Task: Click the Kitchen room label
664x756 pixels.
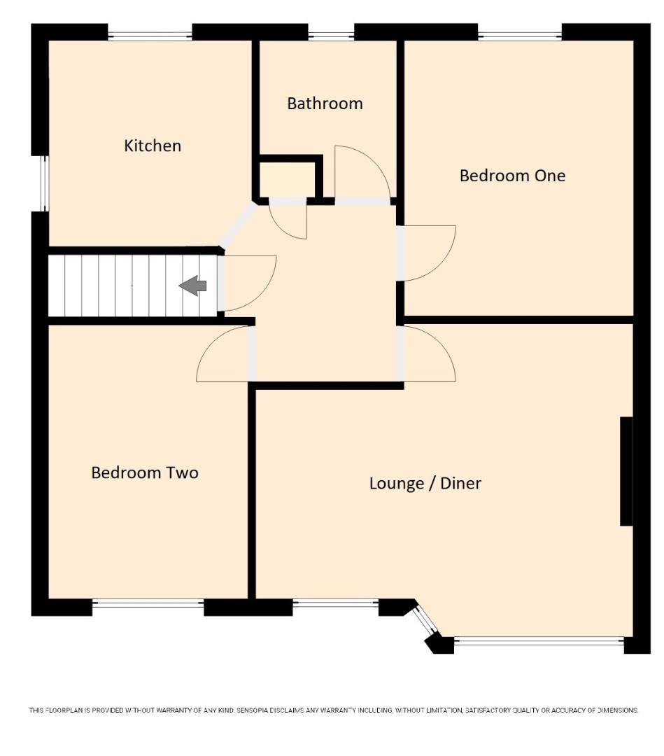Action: (153, 146)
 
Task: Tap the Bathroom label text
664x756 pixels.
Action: (325, 104)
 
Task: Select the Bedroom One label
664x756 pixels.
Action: (512, 176)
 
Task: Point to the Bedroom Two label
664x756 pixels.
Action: (145, 472)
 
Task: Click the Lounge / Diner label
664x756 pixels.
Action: (425, 483)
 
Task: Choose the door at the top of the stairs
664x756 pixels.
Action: (246, 281)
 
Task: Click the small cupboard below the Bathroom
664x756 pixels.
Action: (288, 179)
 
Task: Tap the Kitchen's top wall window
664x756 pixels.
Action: (150, 34)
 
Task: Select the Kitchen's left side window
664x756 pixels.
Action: (43, 183)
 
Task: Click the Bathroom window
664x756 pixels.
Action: (331, 34)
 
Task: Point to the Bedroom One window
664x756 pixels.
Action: (519, 34)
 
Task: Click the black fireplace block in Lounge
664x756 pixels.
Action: (626, 471)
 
